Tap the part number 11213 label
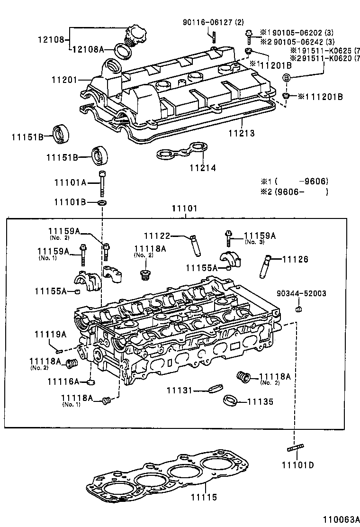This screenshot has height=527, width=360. point(242,134)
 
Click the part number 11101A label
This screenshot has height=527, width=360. point(70,182)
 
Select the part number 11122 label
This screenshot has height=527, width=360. point(157,236)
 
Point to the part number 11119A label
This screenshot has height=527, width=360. point(50,335)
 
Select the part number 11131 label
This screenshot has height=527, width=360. point(180,390)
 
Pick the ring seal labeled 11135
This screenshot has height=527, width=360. point(230,400)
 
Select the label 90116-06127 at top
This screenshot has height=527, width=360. point(213,22)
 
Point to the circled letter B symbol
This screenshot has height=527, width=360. point(287,78)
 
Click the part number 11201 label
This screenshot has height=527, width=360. point(64,80)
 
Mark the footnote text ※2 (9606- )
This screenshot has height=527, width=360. point(294,192)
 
